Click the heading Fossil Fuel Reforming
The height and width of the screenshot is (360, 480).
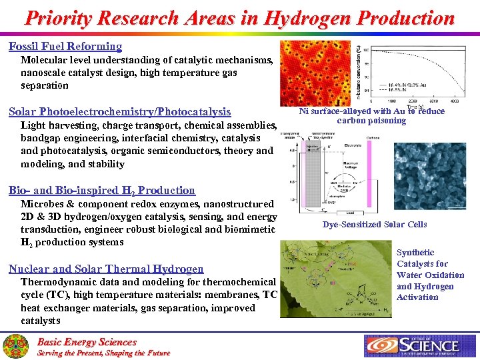65,47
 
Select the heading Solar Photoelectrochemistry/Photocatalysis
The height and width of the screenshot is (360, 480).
120,112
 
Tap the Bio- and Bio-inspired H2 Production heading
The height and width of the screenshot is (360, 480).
102,191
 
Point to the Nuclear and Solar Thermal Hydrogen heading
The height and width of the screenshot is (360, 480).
106,269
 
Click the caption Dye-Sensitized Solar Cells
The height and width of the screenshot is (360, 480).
374,225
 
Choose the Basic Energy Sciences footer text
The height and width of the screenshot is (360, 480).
86,342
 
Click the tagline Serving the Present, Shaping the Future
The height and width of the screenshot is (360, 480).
103,353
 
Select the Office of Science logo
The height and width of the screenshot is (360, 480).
421,345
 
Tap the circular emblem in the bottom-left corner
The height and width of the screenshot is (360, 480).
16,346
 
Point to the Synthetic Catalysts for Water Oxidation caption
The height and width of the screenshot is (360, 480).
430,275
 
